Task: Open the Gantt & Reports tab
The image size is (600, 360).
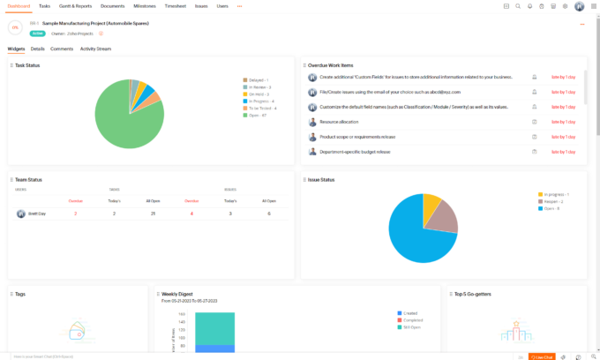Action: pos(75,6)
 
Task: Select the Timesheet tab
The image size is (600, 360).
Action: pos(175,6)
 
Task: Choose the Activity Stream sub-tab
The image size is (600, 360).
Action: pos(95,49)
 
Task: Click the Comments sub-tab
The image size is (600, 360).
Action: pos(62,49)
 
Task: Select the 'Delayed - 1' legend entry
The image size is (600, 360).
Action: pos(257,80)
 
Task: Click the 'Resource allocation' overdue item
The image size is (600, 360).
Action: pos(341,122)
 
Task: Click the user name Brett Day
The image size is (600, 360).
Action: pos(38,214)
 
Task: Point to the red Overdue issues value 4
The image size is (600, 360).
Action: pos(191,214)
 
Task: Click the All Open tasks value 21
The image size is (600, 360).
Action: pos(153,214)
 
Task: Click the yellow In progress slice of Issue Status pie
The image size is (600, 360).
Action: pos(431,205)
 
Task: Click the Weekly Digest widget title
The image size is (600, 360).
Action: pos(179,293)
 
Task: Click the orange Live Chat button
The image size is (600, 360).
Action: pos(543,356)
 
